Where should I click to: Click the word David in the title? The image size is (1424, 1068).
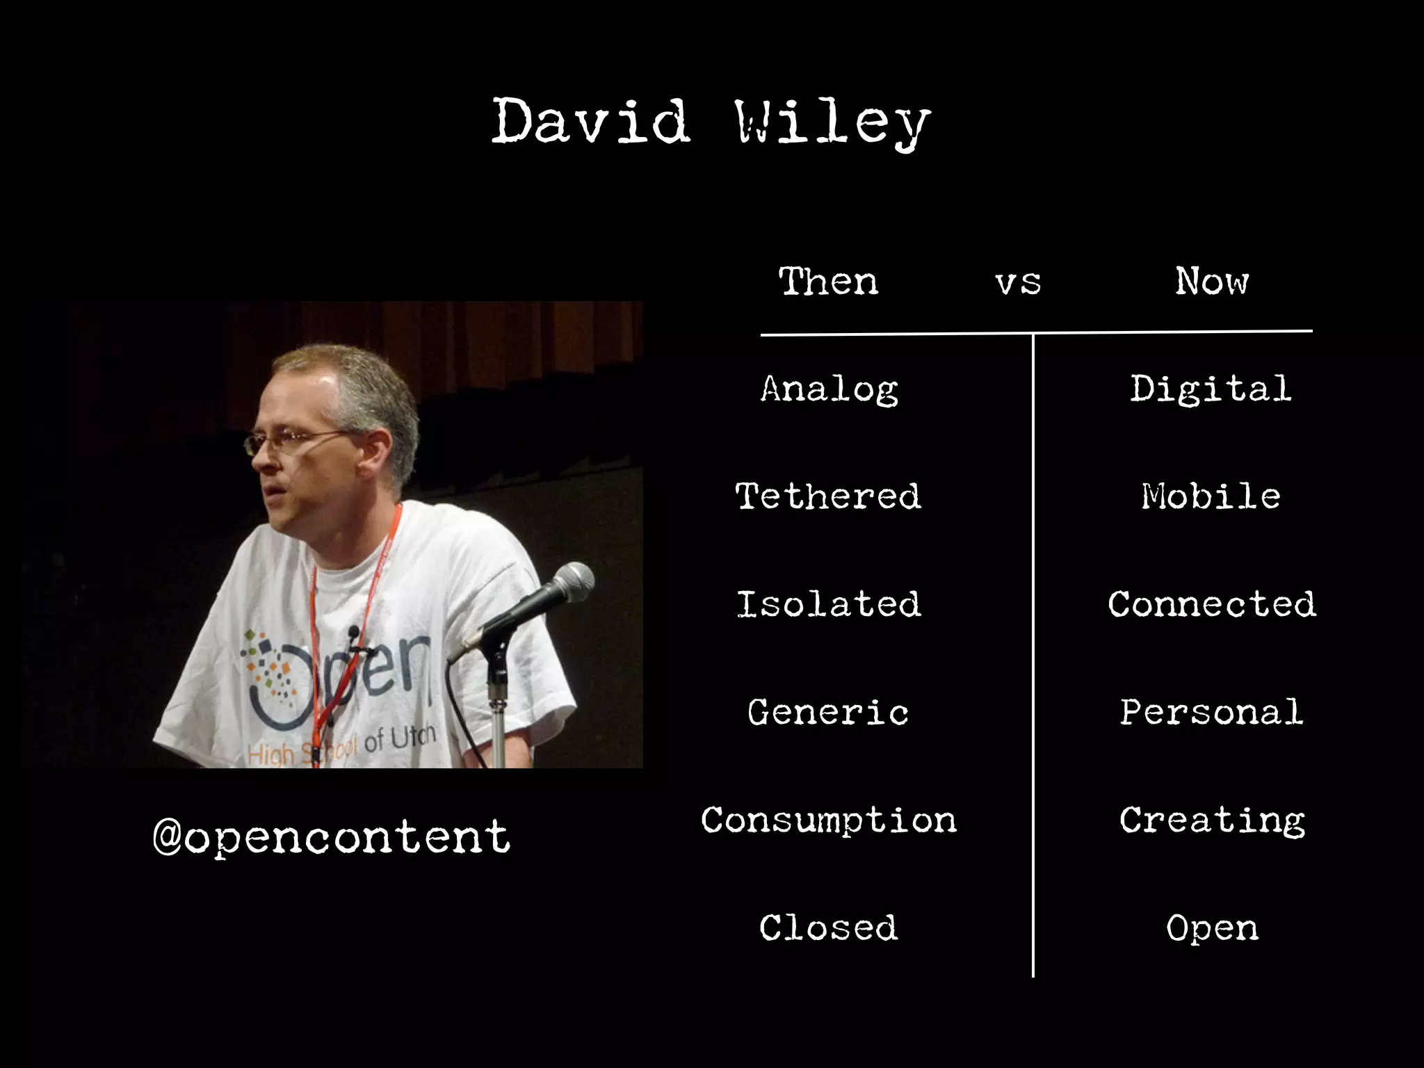(x=591, y=122)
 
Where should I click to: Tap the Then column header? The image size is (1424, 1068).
(x=828, y=282)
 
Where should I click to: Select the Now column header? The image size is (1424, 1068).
(x=1212, y=282)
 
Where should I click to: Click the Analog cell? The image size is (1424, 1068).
(x=829, y=389)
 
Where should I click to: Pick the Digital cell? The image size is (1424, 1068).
(x=1211, y=389)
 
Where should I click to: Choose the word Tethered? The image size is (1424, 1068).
(x=828, y=496)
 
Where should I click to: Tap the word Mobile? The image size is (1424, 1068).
(x=1211, y=496)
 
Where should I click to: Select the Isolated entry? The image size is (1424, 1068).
(x=828, y=604)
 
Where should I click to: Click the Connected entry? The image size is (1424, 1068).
(x=1211, y=604)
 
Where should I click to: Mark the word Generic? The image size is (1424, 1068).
(x=828, y=713)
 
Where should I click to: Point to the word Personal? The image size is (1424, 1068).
(x=1211, y=713)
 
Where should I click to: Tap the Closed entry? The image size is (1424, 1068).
(x=828, y=928)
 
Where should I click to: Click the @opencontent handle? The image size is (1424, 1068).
(x=331, y=836)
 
